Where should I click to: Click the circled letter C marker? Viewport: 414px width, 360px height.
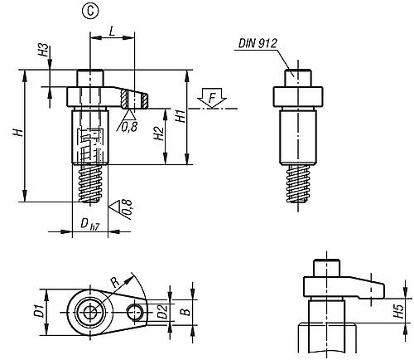(90, 11)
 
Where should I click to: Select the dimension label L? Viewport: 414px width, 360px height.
(112, 32)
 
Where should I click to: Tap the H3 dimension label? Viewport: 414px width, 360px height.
(43, 51)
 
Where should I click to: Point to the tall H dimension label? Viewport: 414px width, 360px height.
(18, 132)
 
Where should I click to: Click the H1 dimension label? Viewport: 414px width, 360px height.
(181, 115)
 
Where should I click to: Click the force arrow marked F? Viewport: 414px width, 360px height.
(212, 98)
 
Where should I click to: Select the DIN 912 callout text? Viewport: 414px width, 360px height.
(258, 44)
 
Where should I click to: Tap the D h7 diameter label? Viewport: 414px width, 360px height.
(89, 224)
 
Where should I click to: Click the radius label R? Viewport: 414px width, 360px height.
(115, 282)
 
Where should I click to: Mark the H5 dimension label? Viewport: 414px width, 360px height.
(399, 311)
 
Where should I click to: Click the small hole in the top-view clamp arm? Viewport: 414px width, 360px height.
(134, 313)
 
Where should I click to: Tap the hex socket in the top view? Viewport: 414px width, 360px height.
(90, 313)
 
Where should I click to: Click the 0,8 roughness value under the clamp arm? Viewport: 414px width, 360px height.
(129, 127)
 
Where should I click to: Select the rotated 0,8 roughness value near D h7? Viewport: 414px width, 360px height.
(127, 207)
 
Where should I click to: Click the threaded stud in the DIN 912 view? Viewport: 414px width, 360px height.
(298, 183)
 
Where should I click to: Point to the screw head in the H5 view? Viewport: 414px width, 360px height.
(326, 268)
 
